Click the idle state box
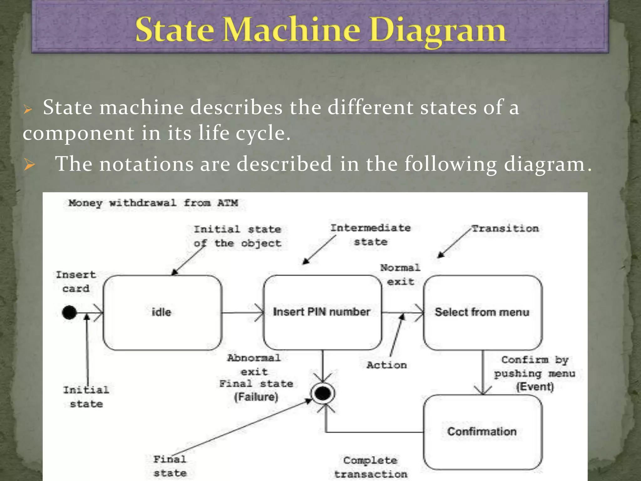coord(162,312)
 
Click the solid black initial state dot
coord(69,312)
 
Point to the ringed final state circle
coord(323,393)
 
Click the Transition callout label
coord(505,229)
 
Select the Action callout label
coord(387,365)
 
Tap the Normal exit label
coord(400,275)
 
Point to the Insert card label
coord(76,282)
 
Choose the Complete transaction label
coord(371,467)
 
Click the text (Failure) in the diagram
coord(256,397)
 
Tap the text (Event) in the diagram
coord(535,387)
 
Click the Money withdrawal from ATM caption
coord(153,203)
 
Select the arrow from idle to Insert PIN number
coord(243,313)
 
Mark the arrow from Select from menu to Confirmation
coord(483,373)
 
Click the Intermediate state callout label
coord(371,235)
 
